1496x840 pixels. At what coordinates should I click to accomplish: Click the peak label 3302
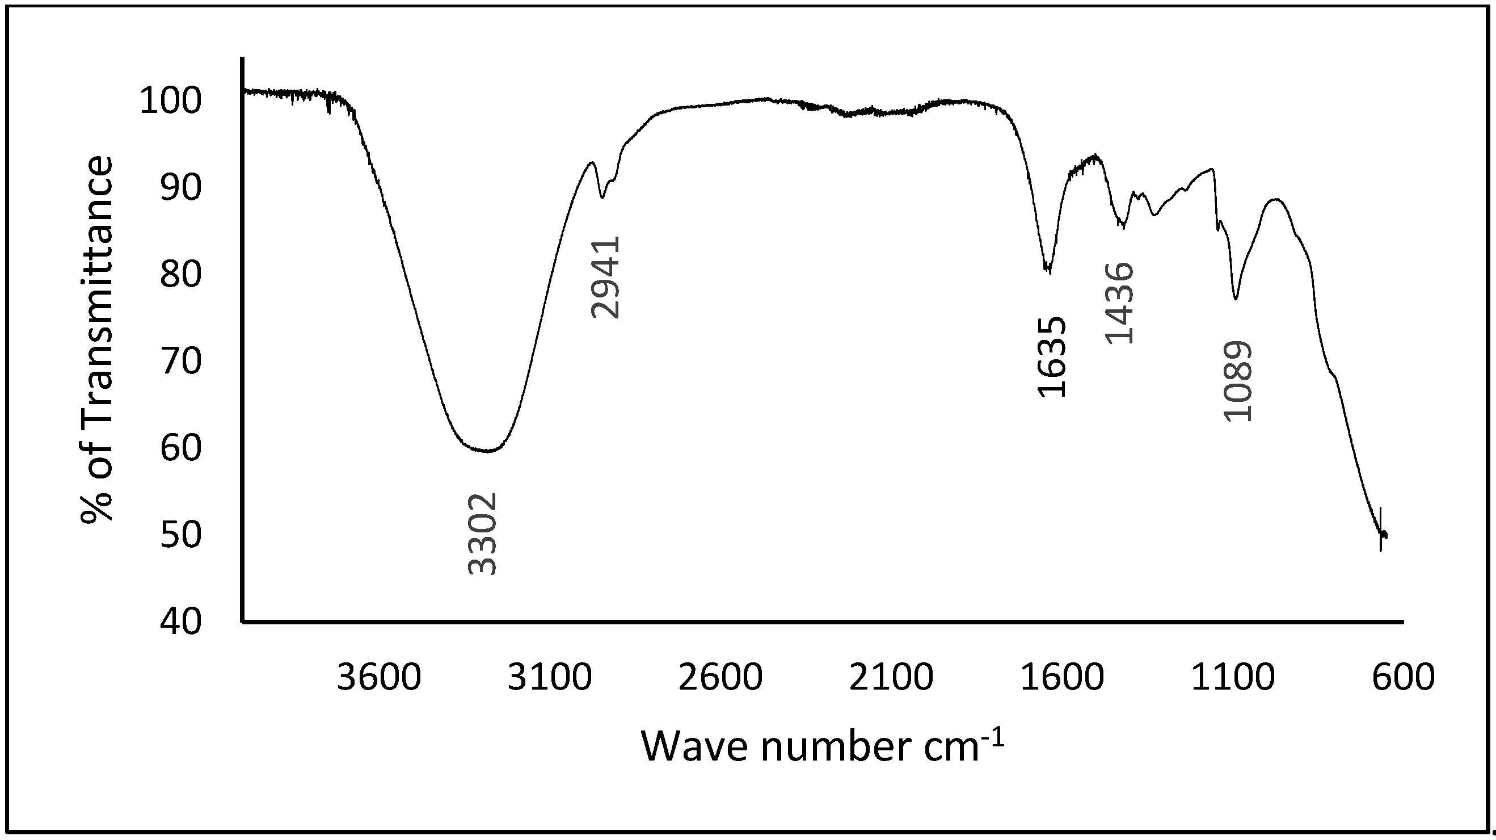coord(483,534)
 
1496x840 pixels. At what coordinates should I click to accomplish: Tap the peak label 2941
coord(606,277)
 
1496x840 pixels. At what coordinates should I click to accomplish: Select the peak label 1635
coord(1052,356)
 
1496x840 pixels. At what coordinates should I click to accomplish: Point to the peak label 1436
coord(1119,303)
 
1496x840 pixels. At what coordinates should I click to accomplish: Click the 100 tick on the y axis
coord(171,101)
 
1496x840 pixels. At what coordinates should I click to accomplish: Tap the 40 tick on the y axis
coord(180,621)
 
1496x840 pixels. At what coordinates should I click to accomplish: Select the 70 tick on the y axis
coord(180,361)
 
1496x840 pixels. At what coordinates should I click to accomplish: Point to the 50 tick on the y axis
coord(180,535)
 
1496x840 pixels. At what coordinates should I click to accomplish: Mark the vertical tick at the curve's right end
coord(1380,529)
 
